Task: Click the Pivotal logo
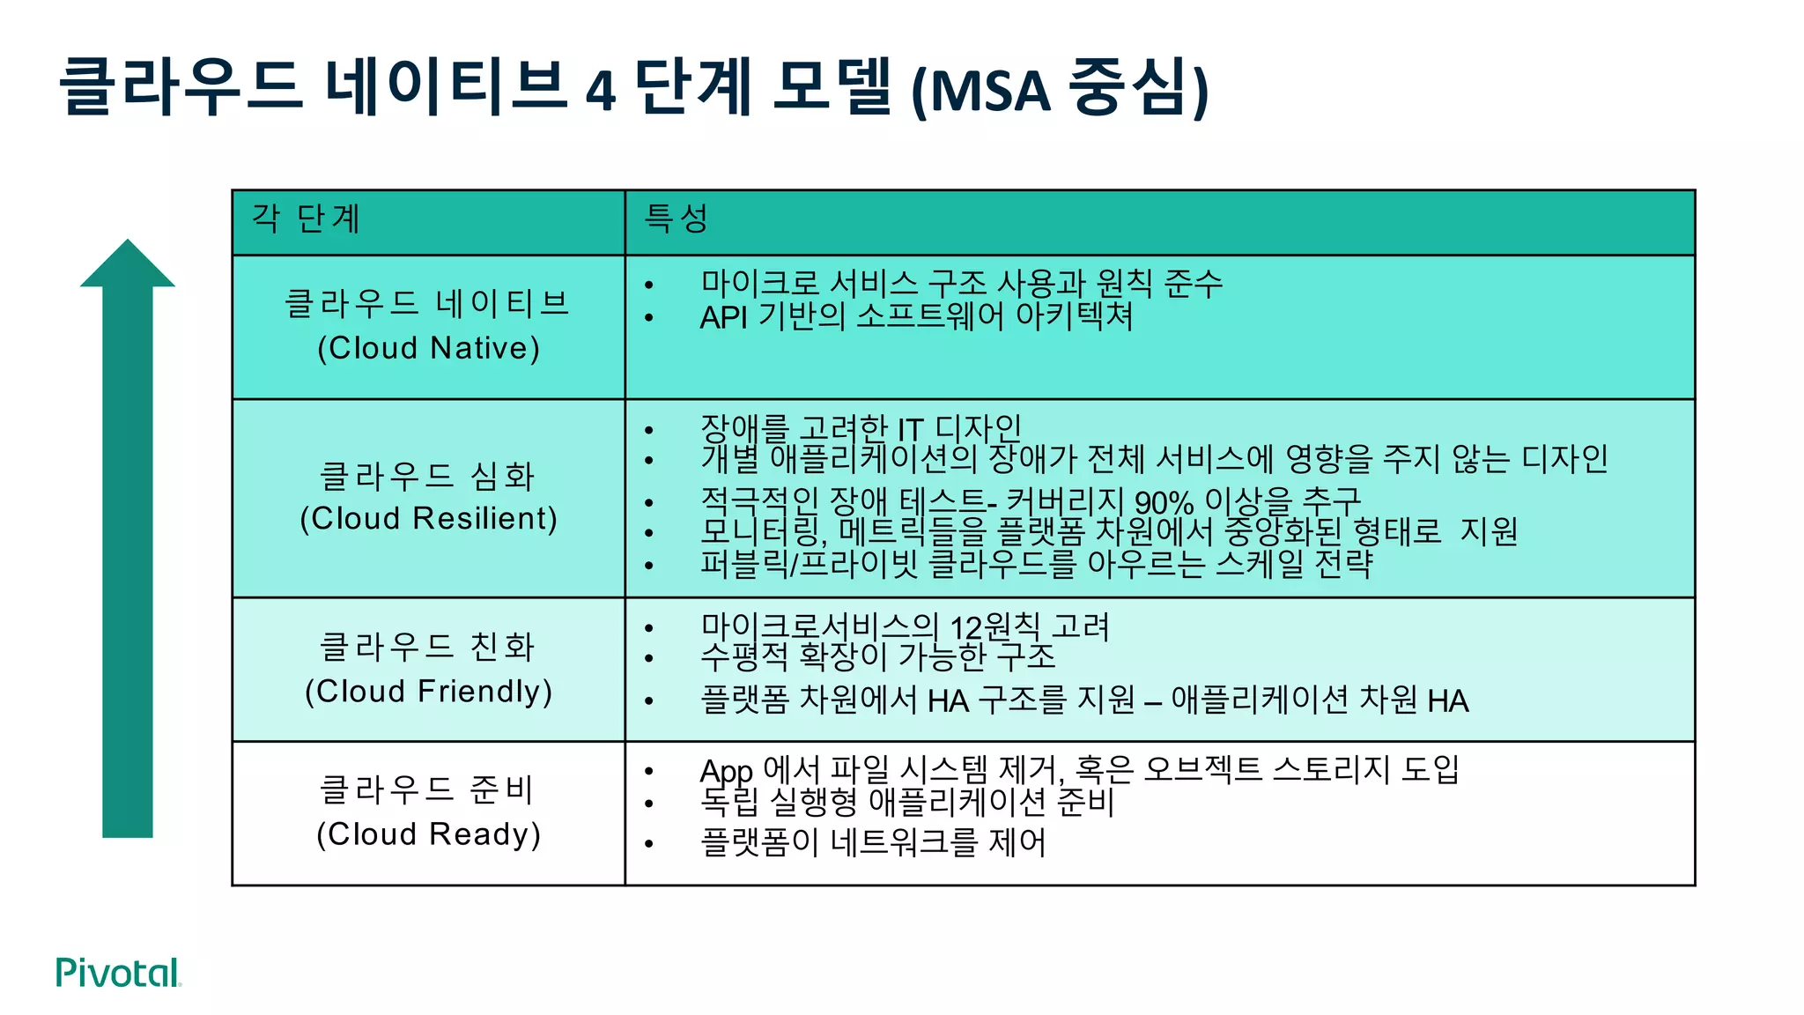[118, 973]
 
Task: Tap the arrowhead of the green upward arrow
[128, 264]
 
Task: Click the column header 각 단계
[306, 219]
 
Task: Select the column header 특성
[676, 219]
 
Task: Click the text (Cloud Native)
[428, 348]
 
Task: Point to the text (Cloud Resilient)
[428, 519]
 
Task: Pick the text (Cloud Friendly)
[428, 692]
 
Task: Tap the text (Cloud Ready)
[428, 834]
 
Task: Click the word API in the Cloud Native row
[723, 317]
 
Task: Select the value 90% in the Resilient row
[1164, 503]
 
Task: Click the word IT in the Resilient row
[910, 431]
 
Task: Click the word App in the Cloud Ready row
[726, 772]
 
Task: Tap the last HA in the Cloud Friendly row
[1448, 701]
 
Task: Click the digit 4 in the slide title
[601, 90]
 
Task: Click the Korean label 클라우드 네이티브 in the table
[427, 303]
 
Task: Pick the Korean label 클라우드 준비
[427, 789]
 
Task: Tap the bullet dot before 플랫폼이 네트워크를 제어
[649, 844]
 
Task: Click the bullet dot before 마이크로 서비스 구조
[649, 285]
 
